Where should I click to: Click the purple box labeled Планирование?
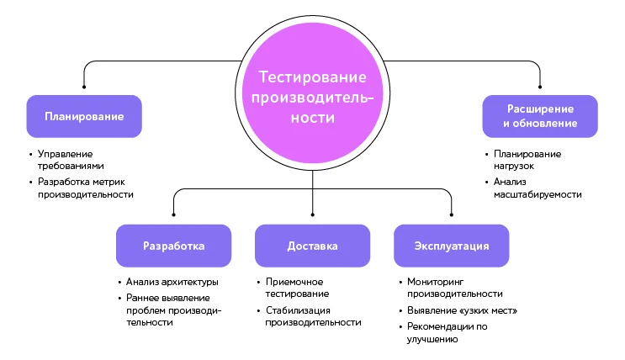pos(83,116)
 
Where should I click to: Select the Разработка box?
pos(173,246)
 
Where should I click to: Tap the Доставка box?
pos(312,246)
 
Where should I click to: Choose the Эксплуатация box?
pos(451,246)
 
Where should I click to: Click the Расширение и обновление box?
pos(540,116)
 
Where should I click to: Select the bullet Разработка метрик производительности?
pos(85,188)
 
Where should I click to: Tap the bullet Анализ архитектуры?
pos(172,282)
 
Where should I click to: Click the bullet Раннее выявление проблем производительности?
pos(173,310)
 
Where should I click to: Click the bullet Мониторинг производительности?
pos(455,288)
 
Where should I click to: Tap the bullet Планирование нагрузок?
pos(527,160)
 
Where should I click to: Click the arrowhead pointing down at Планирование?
pos(83,85)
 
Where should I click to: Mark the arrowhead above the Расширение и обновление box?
pos(540,85)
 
